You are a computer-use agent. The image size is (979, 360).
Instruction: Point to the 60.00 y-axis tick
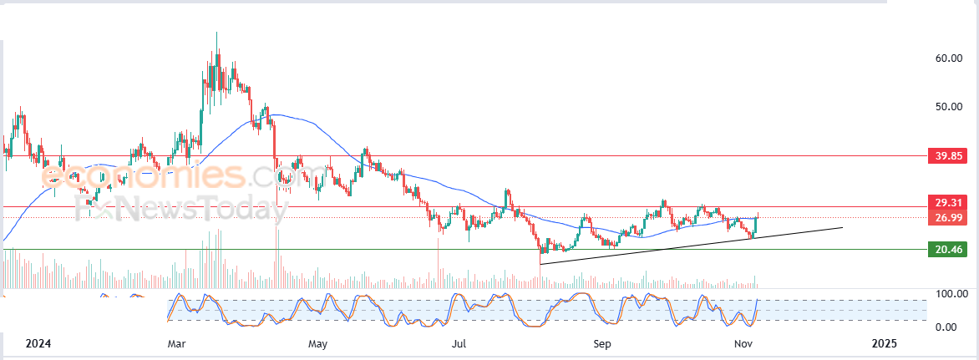948,58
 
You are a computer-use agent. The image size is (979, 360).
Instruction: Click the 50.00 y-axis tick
948,107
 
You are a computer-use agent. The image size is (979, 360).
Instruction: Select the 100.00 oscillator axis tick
951,293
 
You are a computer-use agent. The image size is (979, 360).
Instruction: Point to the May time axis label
317,344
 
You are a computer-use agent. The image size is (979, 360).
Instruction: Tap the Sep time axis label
602,344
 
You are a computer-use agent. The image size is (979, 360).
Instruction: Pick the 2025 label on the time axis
884,344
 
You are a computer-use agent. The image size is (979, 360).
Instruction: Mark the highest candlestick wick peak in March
216,32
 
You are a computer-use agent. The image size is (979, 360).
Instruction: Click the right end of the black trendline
843,227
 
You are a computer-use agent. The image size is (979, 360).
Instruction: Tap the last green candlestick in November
756,225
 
